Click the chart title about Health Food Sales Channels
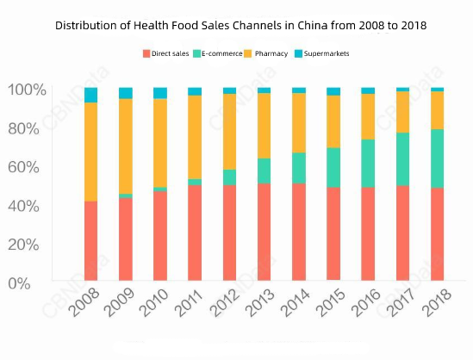(x=240, y=26)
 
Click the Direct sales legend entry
(x=170, y=53)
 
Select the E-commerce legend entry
(x=222, y=53)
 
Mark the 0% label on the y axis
(x=30, y=282)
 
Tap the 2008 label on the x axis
(x=85, y=303)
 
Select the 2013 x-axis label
(x=259, y=303)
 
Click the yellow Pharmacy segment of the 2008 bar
(x=90, y=152)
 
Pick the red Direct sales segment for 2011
(x=195, y=233)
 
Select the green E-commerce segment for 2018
(x=437, y=158)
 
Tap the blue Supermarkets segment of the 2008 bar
(x=90, y=95)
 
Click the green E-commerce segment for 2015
(x=333, y=167)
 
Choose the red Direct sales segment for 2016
(x=368, y=234)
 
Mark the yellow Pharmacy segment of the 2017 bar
(x=402, y=111)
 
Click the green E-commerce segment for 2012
(x=229, y=177)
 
